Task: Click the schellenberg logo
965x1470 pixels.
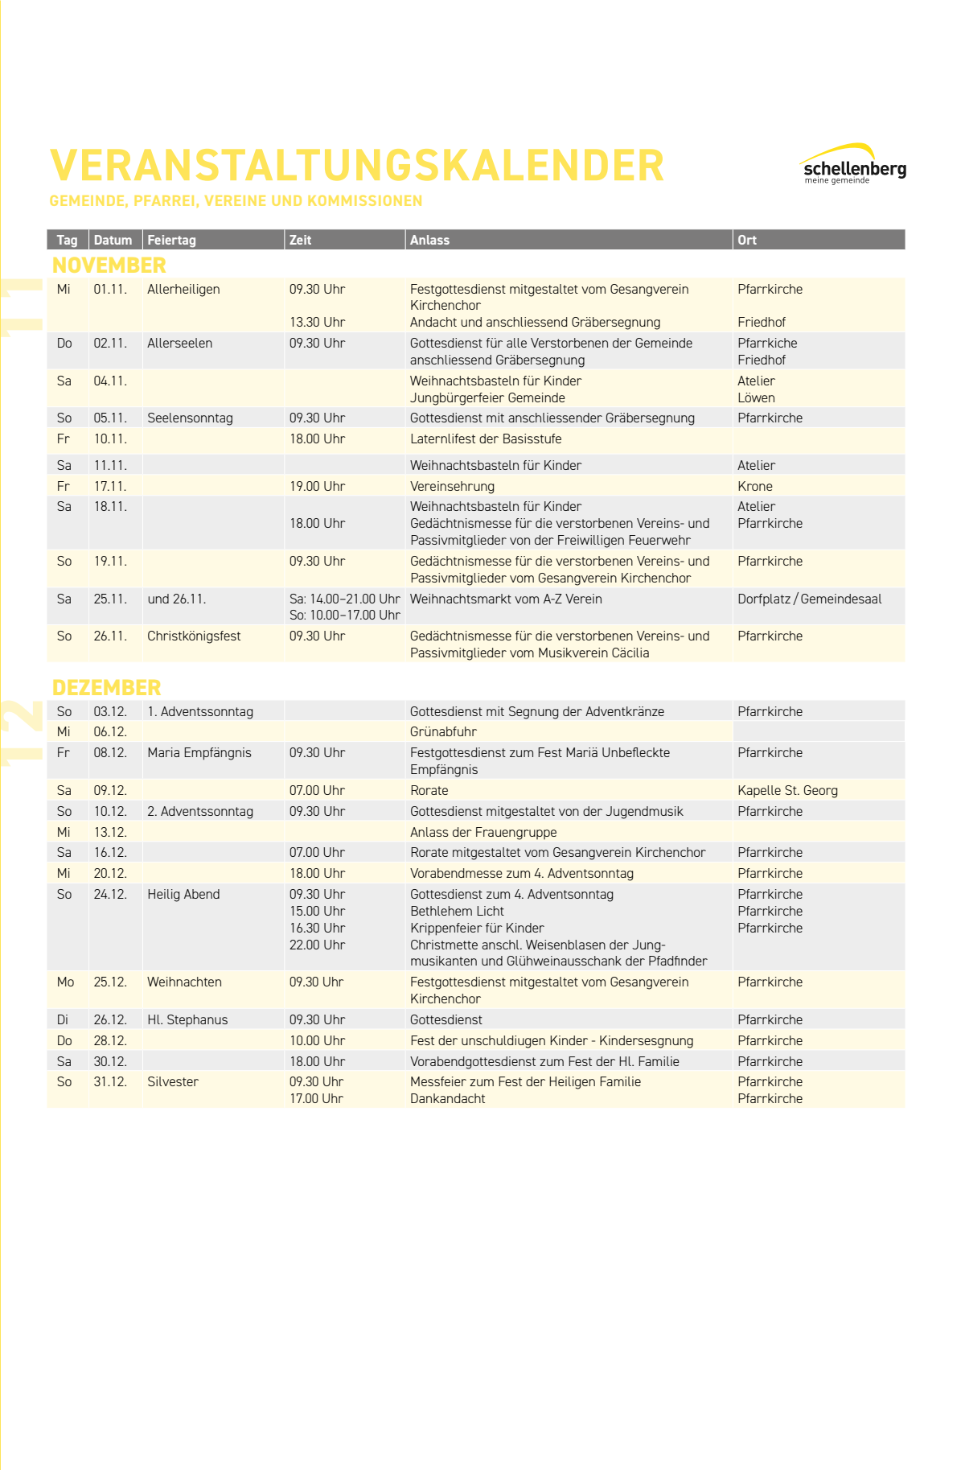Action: (x=854, y=165)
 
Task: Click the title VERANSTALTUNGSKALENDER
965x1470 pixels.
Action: (x=357, y=166)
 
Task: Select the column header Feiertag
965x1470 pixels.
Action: (x=171, y=240)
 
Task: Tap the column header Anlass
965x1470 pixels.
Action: (x=429, y=240)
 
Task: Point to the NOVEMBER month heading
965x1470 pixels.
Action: (x=109, y=265)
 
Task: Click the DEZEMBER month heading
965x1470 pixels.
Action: (x=106, y=687)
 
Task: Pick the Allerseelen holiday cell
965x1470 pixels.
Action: (x=179, y=343)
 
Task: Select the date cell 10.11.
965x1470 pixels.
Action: (x=110, y=439)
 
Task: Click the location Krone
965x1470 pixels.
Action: (x=754, y=486)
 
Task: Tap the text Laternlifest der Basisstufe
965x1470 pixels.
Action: (x=486, y=439)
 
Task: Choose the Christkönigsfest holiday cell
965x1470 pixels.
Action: (x=194, y=636)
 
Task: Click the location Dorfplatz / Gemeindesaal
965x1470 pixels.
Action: (x=809, y=599)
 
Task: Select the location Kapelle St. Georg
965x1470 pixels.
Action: (x=787, y=790)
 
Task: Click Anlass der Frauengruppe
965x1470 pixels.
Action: (x=483, y=832)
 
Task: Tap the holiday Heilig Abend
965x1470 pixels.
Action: (x=183, y=894)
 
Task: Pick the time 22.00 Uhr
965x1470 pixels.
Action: (x=317, y=945)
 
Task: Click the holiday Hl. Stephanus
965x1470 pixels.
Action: (x=187, y=1019)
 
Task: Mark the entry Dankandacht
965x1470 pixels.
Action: (x=447, y=1098)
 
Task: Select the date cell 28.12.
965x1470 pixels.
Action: (x=110, y=1040)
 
